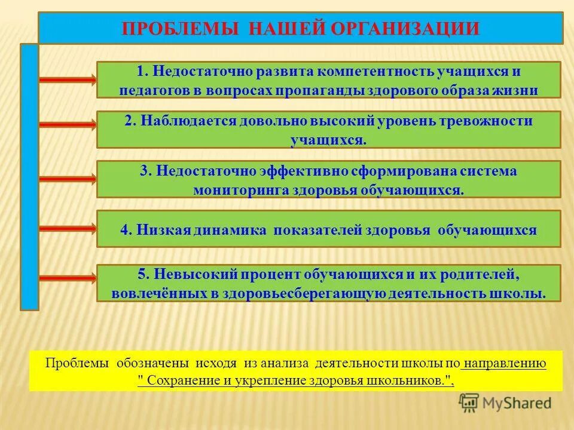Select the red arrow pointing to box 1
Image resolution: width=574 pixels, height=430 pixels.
tap(68, 80)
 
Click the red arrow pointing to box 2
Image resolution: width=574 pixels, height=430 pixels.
tap(68, 124)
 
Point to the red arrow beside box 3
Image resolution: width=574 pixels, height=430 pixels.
tap(68, 179)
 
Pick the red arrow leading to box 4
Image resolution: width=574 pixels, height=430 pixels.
tap(68, 228)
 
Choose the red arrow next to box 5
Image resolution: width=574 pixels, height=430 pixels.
tap(68, 278)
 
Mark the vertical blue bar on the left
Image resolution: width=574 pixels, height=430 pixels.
tap(29, 177)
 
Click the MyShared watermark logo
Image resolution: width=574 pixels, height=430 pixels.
tap(505, 403)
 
